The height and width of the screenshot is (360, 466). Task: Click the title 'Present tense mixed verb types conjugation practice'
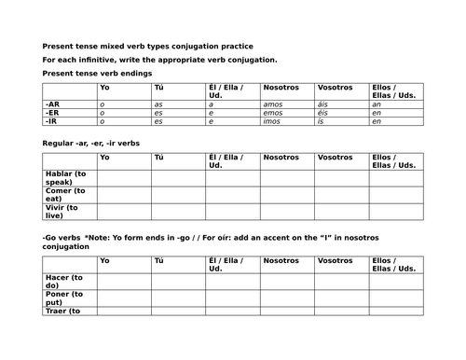click(147, 47)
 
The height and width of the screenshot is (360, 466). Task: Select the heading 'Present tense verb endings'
click(98, 72)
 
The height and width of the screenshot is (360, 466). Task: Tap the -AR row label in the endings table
click(52, 104)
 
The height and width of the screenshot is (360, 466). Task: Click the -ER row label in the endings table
click(52, 112)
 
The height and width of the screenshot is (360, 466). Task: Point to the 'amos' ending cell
click(274, 104)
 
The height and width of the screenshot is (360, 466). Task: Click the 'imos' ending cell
click(274, 120)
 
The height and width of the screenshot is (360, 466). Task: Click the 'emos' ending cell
click(275, 112)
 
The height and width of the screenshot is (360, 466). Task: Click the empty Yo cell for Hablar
click(124, 177)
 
